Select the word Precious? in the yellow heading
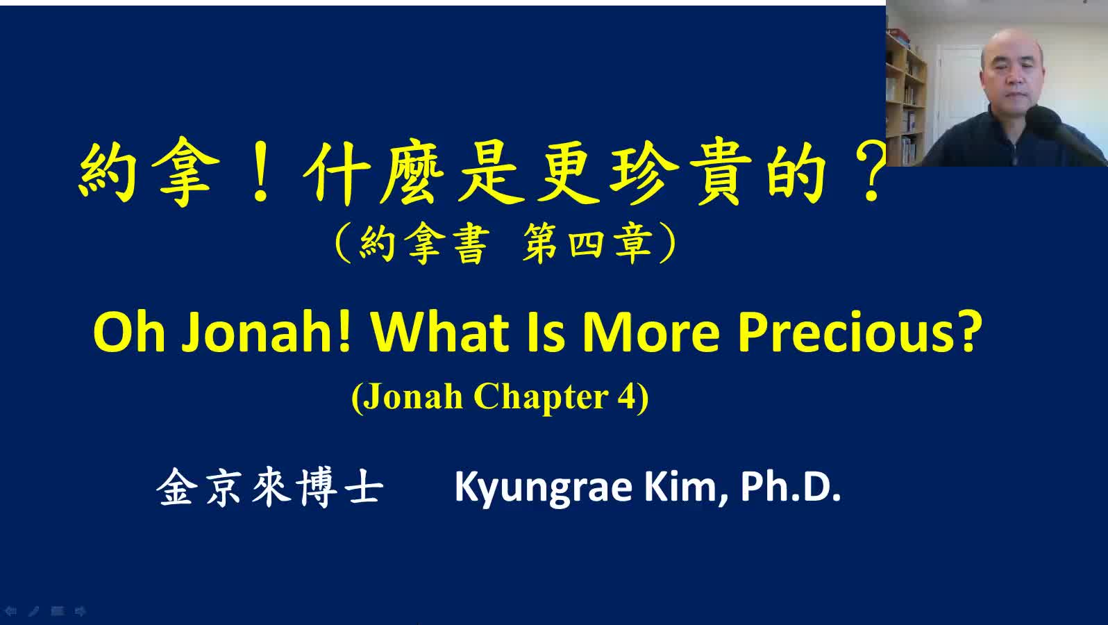[859, 331]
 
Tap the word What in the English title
[440, 331]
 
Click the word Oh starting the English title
[128, 331]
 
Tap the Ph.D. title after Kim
[791, 487]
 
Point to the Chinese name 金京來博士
[270, 488]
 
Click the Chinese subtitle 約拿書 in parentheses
[424, 244]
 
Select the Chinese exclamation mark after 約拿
[260, 172]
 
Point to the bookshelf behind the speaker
[905, 99]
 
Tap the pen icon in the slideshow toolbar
[33, 612]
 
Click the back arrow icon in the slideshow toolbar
[11, 612]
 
